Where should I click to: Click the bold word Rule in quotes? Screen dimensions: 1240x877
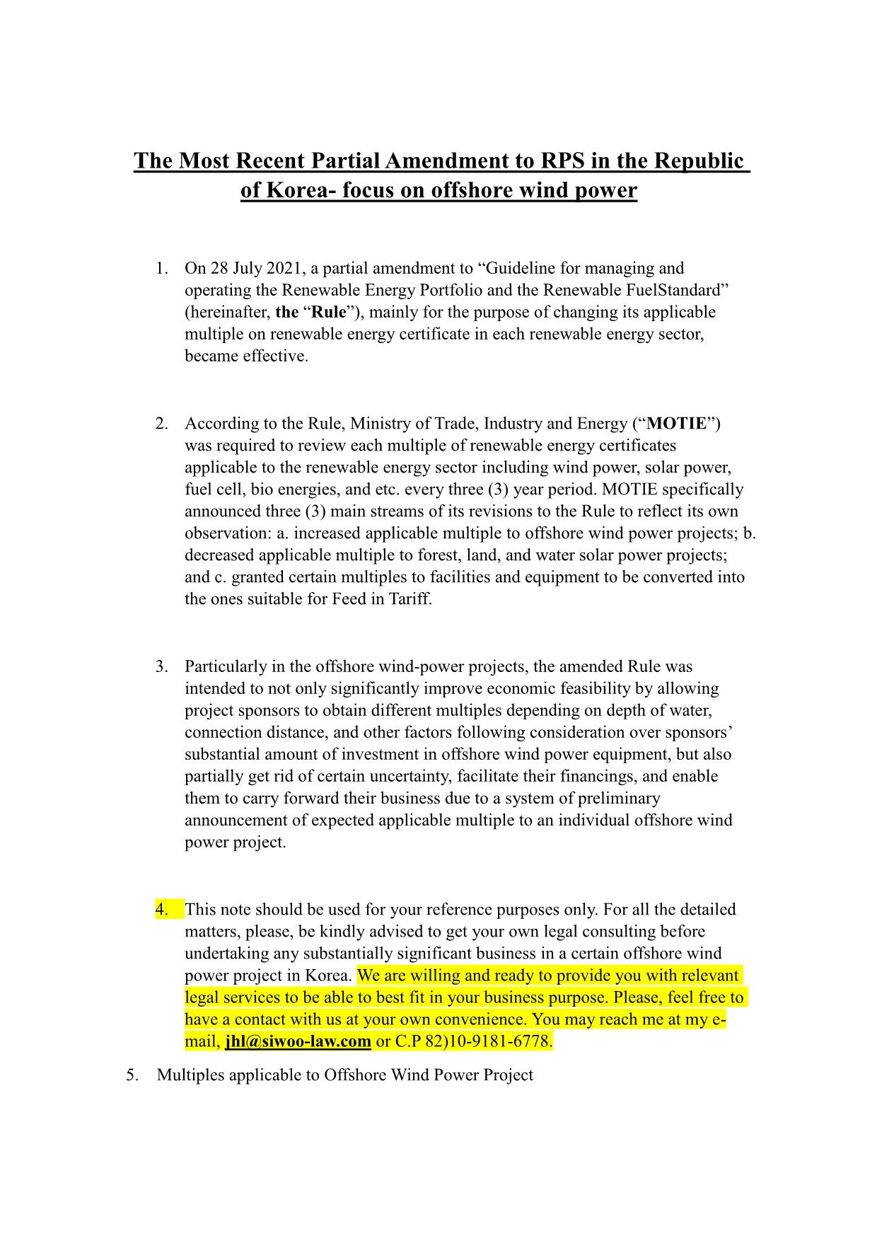pos(329,312)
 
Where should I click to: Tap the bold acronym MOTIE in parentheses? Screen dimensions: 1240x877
pos(676,423)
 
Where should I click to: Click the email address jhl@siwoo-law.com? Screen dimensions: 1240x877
pos(298,1041)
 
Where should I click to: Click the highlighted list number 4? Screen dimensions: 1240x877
pos(162,909)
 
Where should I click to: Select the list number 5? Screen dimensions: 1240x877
pos(132,1075)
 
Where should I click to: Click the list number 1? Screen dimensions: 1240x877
pos(162,268)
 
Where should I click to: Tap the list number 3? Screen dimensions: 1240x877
pos(162,666)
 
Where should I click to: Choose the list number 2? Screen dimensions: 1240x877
pos(162,423)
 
